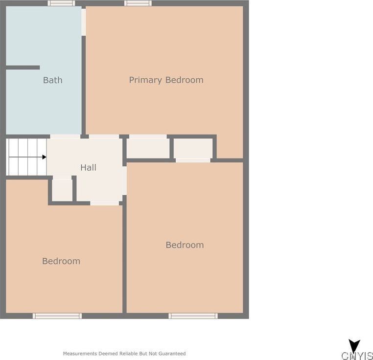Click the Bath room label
click(52, 80)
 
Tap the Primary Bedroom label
click(166, 80)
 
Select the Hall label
click(88, 167)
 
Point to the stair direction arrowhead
click(44, 157)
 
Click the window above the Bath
click(61, 3)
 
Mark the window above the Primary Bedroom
click(138, 3)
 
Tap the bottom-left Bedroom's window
click(57, 316)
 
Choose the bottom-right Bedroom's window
click(193, 316)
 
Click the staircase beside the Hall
click(26, 157)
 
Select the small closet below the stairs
click(62, 189)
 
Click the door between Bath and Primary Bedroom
click(84, 22)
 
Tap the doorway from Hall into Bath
click(65, 136)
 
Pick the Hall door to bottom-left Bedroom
click(105, 203)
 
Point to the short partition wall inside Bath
click(23, 67)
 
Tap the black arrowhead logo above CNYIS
click(354, 346)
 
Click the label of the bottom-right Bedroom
click(185, 245)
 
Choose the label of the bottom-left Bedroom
click(61, 261)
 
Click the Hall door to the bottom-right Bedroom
click(124, 180)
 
